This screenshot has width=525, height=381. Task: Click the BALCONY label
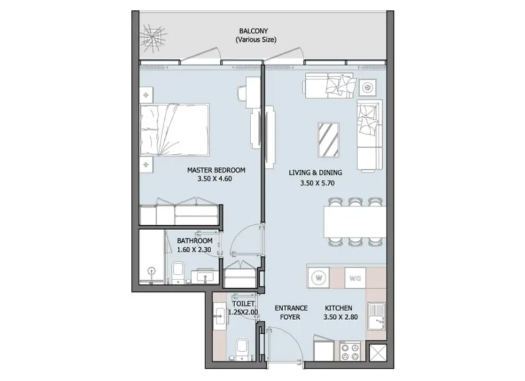pyautogui.click(x=254, y=31)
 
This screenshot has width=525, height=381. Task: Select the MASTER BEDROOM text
pyautogui.click(x=216, y=170)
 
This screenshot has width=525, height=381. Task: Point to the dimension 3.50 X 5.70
pyautogui.click(x=317, y=183)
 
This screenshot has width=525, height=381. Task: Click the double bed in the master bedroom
pyautogui.click(x=174, y=130)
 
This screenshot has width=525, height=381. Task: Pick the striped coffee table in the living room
pyautogui.click(x=328, y=140)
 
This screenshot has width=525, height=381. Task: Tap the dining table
pyautogui.click(x=355, y=222)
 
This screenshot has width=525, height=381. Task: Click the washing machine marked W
pyautogui.click(x=318, y=278)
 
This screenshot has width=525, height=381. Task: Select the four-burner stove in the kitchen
pyautogui.click(x=350, y=351)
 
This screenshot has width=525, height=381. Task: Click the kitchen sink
pyautogui.click(x=376, y=316)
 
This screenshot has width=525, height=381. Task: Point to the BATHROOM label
pyautogui.click(x=194, y=241)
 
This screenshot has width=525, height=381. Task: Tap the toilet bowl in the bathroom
pyautogui.click(x=177, y=273)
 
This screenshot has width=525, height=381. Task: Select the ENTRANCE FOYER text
pyautogui.click(x=291, y=312)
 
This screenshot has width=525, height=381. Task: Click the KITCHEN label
pyautogui.click(x=338, y=308)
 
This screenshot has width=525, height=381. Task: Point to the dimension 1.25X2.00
pyautogui.click(x=243, y=312)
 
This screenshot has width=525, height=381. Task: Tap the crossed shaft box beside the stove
pyautogui.click(x=379, y=353)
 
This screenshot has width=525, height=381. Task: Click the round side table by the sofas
pyautogui.click(x=368, y=88)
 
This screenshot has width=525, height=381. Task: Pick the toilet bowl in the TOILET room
pyautogui.click(x=241, y=350)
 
